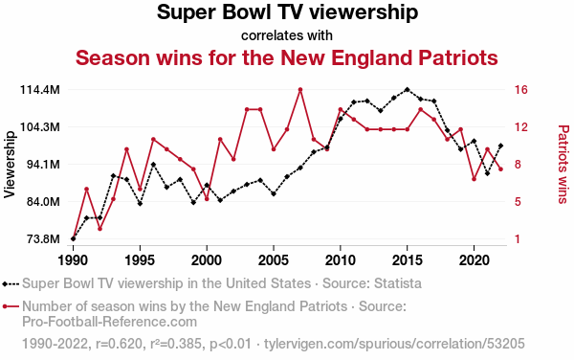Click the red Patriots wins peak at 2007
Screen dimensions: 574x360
[300, 89]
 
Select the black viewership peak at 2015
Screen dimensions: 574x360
[408, 89]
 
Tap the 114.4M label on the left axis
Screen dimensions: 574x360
[40, 90]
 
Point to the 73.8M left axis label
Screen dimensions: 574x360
[44, 239]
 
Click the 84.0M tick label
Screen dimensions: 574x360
[44, 202]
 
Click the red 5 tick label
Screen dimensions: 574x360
[518, 202]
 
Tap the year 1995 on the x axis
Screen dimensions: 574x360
[140, 260]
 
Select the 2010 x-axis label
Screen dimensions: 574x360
[341, 260]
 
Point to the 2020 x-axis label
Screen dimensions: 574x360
[475, 260]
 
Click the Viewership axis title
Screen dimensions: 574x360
[10, 165]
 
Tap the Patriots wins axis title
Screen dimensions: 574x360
[563, 164]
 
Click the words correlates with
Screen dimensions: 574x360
[287, 35]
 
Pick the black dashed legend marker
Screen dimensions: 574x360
[11, 283]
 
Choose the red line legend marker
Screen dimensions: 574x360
[11, 306]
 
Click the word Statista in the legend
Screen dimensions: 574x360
[397, 283]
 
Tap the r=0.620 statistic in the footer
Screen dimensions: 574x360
[119, 344]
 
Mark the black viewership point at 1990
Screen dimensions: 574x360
[74, 238]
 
